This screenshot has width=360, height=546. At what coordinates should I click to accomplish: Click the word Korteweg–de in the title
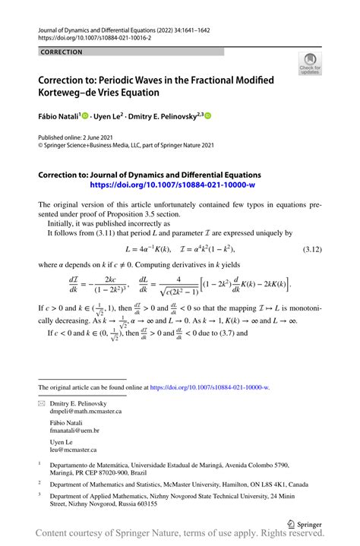click(x=73, y=92)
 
